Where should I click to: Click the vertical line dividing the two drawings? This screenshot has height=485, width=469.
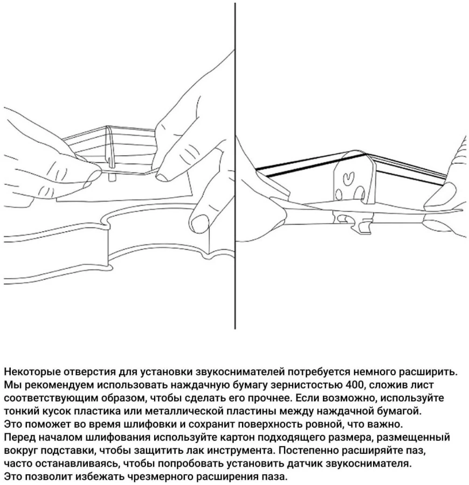coord(235,162)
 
